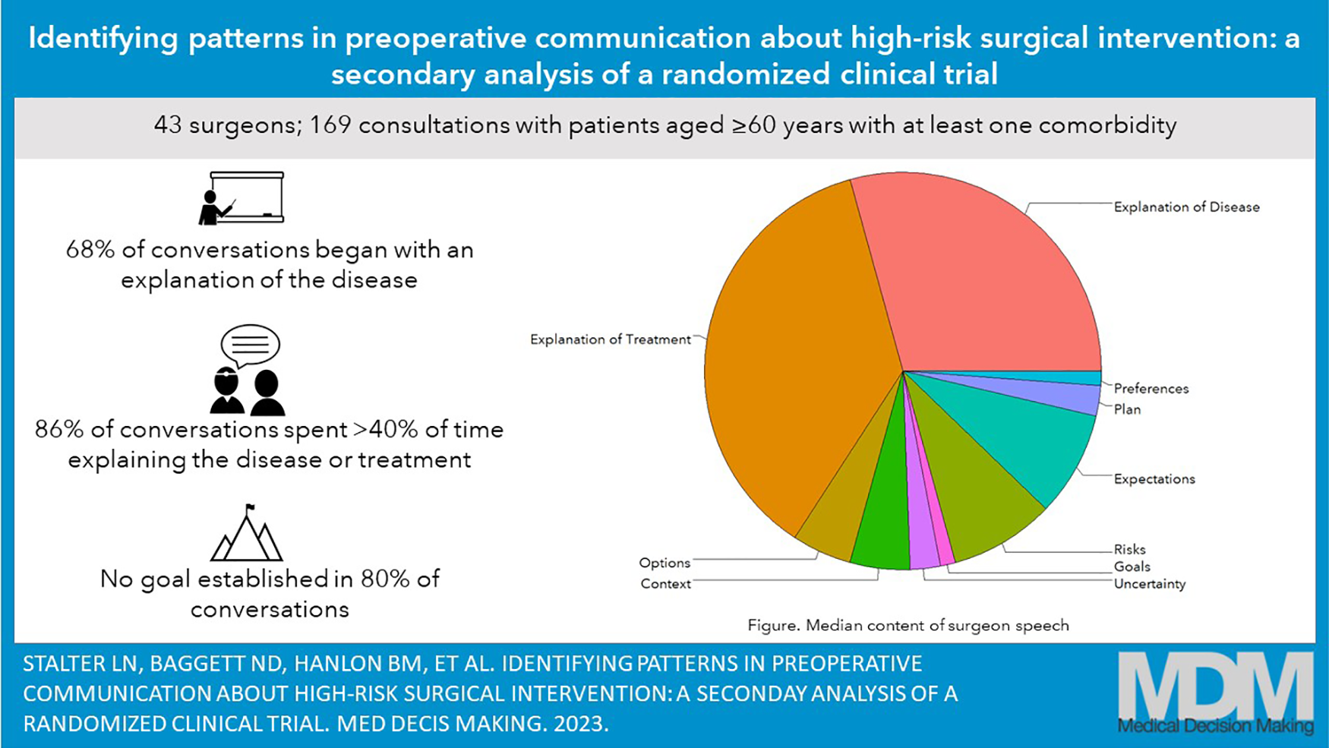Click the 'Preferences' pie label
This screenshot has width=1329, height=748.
1151,389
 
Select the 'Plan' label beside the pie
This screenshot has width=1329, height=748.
1127,409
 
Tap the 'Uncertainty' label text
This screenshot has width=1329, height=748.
1149,584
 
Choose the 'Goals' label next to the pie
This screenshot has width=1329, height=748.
1132,567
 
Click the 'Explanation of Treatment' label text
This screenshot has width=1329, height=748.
610,339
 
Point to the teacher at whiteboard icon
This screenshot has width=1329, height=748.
241,197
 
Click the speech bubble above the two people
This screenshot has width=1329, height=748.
251,346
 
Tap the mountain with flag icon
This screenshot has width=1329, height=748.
246,532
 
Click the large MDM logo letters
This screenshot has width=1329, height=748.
1216,683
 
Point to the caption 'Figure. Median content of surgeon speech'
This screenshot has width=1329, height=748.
908,625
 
